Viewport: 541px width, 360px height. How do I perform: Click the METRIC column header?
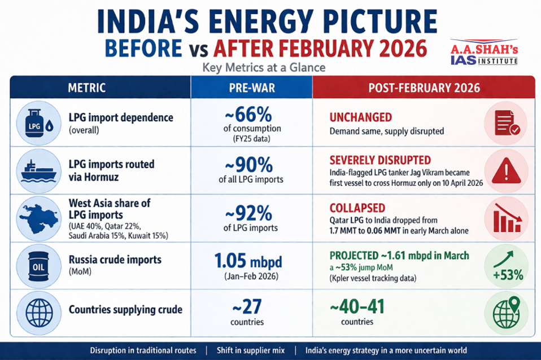click(x=86, y=88)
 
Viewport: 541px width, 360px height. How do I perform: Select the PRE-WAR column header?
click(x=251, y=88)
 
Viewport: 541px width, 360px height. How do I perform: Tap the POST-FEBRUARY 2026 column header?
click(x=424, y=88)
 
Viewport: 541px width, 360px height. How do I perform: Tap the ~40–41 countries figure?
click(x=357, y=307)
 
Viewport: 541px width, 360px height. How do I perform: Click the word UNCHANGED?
click(x=360, y=117)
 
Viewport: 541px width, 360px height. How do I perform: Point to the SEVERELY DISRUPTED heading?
click(x=380, y=160)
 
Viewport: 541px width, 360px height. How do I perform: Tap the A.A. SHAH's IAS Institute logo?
click(x=483, y=52)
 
